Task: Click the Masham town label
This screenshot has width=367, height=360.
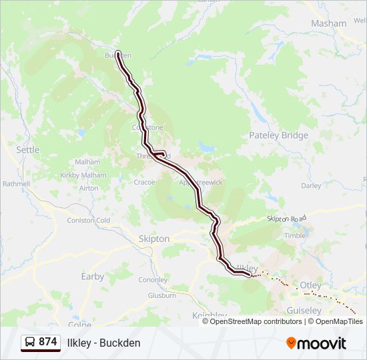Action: point(329,23)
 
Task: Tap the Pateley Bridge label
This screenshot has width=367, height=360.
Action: point(279,135)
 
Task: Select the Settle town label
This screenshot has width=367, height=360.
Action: point(28,150)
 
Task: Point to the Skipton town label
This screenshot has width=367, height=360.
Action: point(153,239)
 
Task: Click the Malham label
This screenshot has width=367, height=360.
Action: point(88,162)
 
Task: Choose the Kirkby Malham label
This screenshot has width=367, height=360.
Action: point(83,175)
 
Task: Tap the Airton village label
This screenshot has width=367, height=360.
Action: point(89,188)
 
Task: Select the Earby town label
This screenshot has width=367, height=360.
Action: point(93,276)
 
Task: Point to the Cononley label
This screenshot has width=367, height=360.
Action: point(153,280)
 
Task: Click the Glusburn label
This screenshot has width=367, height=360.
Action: point(161,295)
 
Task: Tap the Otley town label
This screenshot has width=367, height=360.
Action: point(310,285)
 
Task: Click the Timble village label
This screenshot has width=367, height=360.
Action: point(294,235)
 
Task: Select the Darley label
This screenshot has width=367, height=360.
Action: point(311,186)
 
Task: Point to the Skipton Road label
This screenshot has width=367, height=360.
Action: point(286,219)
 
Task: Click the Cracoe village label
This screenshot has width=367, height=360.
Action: point(144,182)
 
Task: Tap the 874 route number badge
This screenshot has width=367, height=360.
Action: point(40,342)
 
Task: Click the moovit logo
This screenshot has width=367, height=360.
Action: point(316,343)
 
